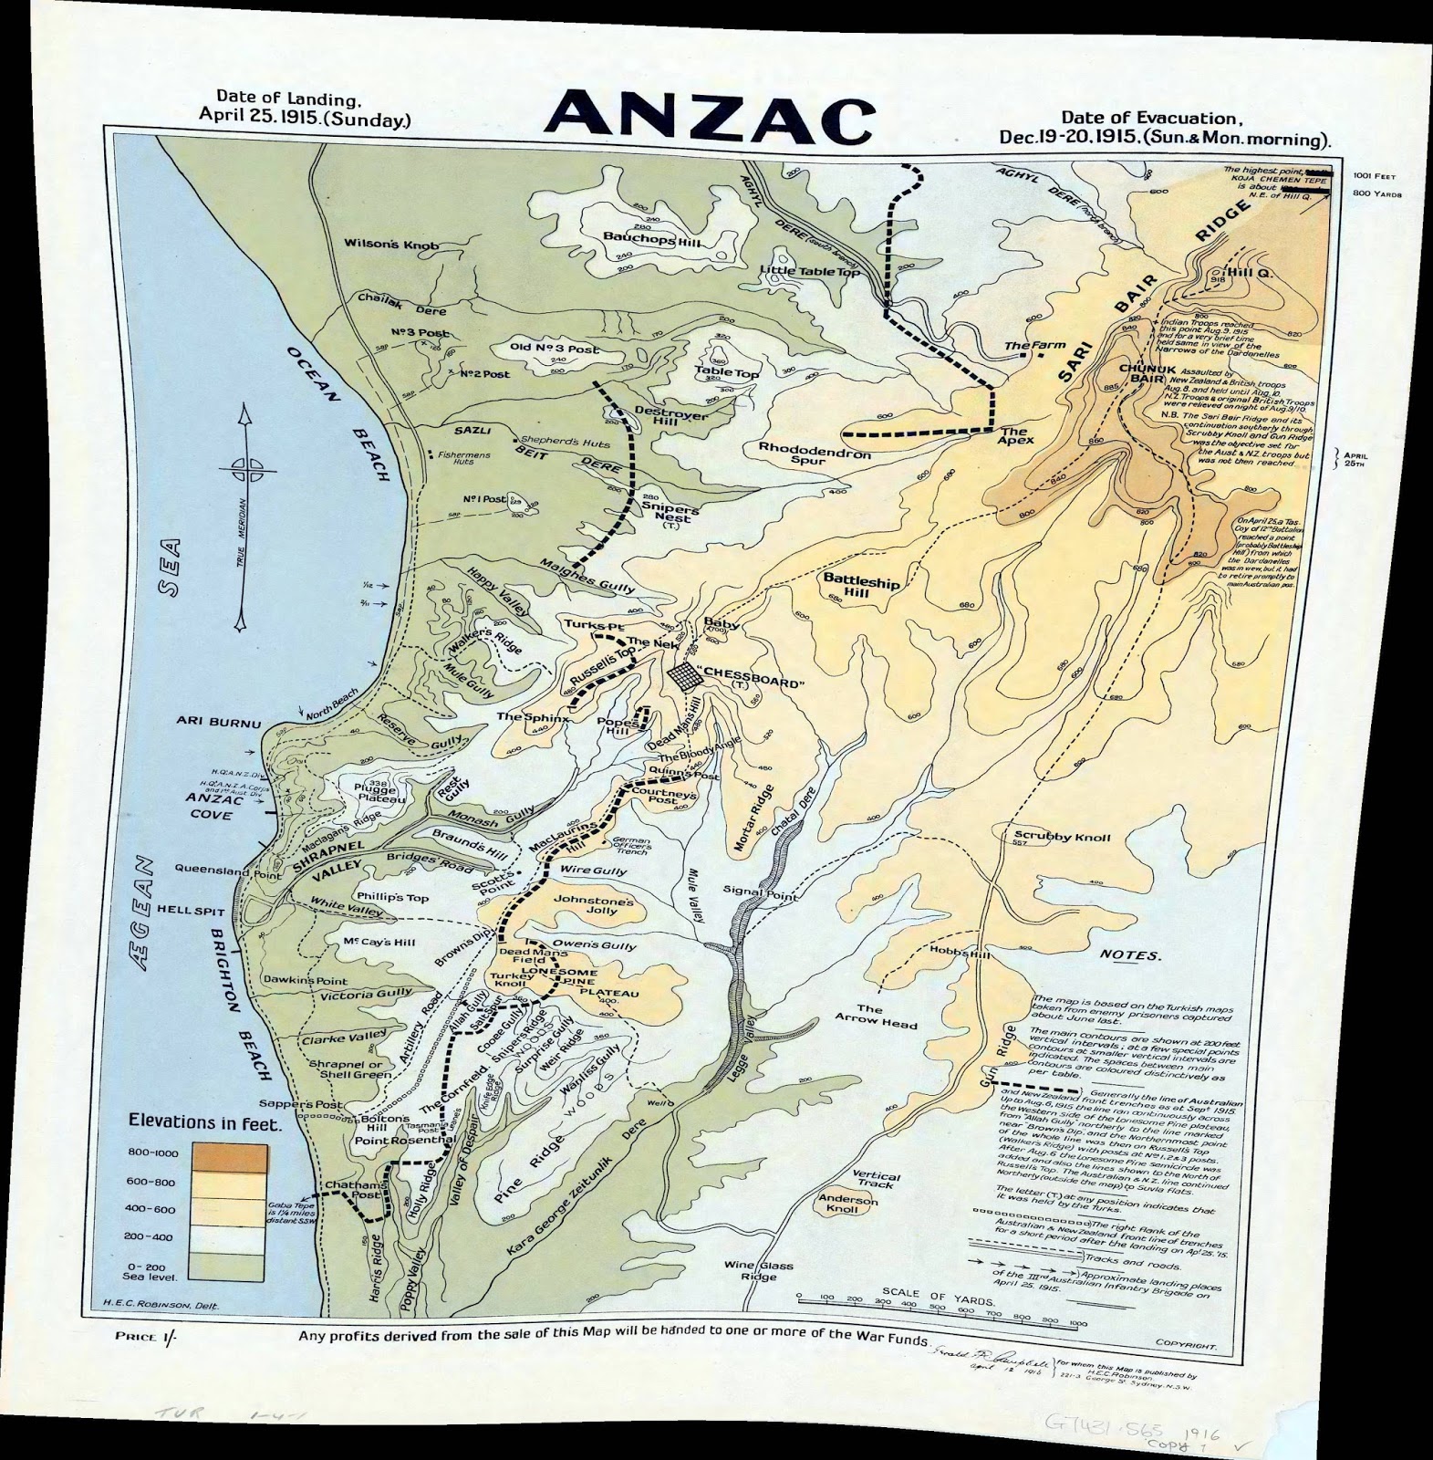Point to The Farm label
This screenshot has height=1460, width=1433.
point(1022,347)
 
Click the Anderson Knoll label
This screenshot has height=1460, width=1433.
point(848,1204)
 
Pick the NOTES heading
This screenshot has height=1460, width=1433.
point(1129,955)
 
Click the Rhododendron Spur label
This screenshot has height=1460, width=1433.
point(815,451)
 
